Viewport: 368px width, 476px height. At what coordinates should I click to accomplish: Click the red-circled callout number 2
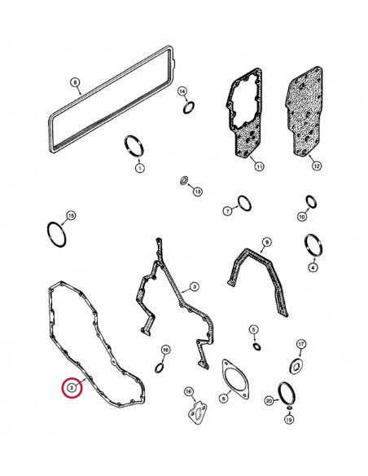[72, 388]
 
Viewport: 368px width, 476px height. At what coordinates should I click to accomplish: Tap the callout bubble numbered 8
[75, 82]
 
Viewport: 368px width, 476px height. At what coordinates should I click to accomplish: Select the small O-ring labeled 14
[189, 108]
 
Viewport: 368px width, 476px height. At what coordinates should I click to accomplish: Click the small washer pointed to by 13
[184, 180]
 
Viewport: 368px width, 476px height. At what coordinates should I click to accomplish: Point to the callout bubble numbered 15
[71, 215]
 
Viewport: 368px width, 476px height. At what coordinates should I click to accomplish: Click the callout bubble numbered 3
[194, 287]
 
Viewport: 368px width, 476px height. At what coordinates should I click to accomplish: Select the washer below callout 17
[297, 364]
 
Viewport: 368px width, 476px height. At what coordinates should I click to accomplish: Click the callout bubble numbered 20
[269, 401]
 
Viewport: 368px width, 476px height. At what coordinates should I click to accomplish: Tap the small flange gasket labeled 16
[195, 410]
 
